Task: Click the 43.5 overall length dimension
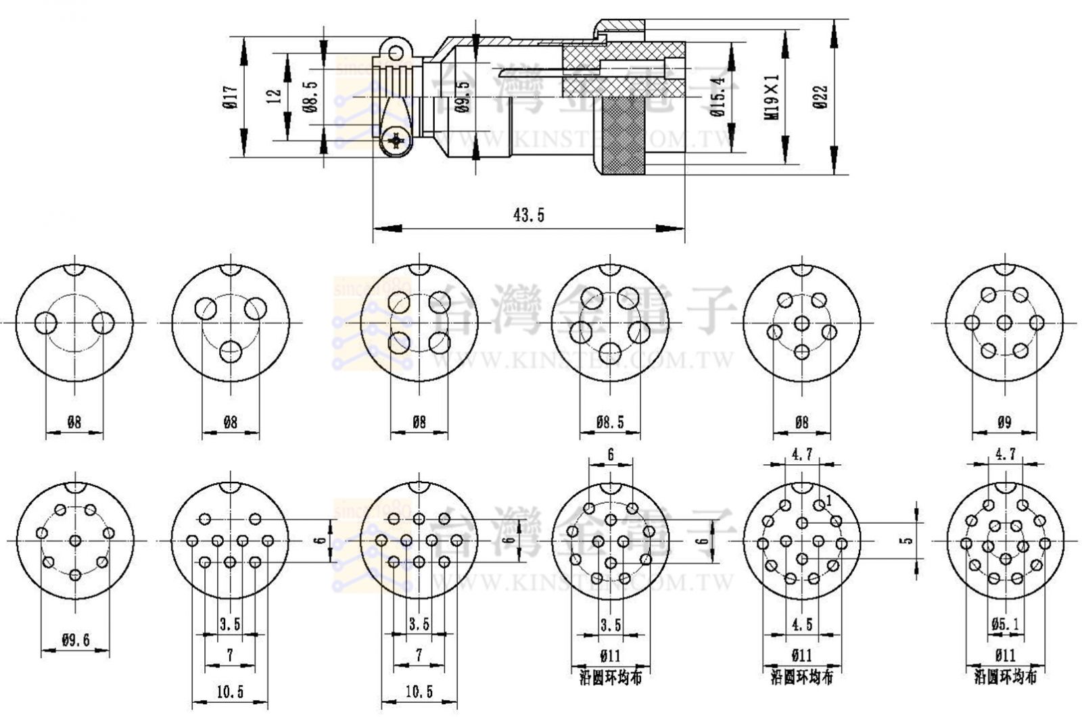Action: pyautogui.click(x=529, y=216)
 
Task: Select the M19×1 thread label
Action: pyautogui.click(x=772, y=97)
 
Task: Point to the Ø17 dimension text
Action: pyautogui.click(x=229, y=98)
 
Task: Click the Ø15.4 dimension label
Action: pyautogui.click(x=718, y=97)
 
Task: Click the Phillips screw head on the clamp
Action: pyautogui.click(x=394, y=141)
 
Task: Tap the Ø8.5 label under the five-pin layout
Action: pyautogui.click(x=610, y=423)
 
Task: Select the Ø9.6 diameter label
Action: pyautogui.click(x=75, y=640)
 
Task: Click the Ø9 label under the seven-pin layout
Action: pyautogui.click(x=1004, y=423)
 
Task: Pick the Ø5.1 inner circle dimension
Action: pyautogui.click(x=1005, y=625)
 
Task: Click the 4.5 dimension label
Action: pyautogui.click(x=801, y=624)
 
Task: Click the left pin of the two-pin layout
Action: pyautogui.click(x=46, y=324)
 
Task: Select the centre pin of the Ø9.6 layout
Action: pyautogui.click(x=75, y=541)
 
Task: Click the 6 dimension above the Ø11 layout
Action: pyautogui.click(x=611, y=455)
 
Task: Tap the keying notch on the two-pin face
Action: pyautogui.click(x=74, y=268)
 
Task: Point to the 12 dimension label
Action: pyautogui.click(x=274, y=96)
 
